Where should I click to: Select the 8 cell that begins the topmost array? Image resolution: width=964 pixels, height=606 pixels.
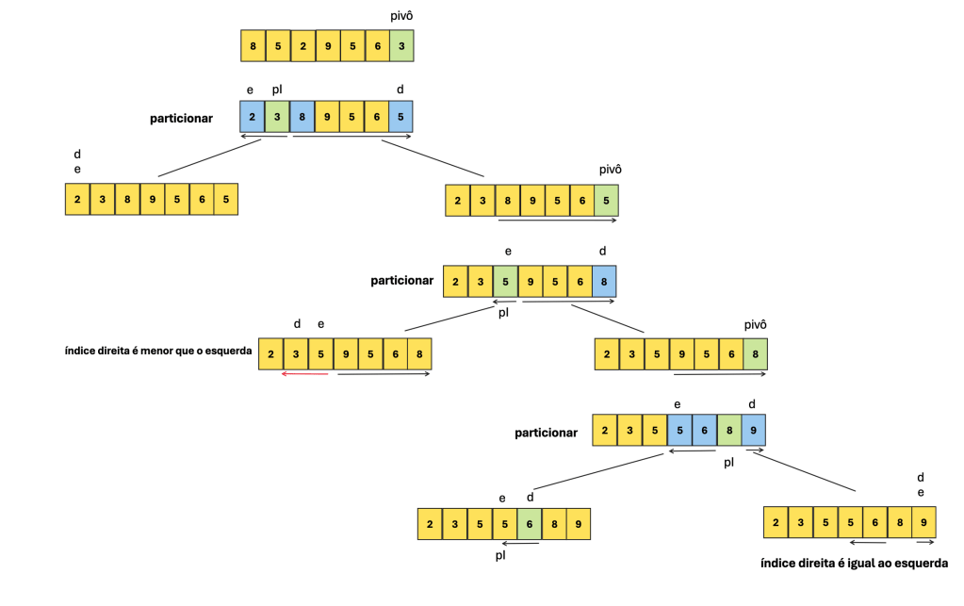253,45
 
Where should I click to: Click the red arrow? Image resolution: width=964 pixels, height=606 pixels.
304,374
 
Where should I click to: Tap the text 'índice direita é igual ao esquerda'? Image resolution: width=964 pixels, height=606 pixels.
853,564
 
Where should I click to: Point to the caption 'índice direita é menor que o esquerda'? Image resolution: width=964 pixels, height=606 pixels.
152,352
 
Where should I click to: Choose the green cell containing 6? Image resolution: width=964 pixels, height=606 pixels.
529,525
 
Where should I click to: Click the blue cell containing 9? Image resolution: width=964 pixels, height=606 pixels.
752,431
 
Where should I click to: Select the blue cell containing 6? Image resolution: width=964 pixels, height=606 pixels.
703,431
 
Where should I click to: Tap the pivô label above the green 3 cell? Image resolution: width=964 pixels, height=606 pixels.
400,16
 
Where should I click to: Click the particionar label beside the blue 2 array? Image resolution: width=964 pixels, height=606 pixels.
181,119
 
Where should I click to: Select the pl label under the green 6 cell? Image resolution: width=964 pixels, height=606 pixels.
500,556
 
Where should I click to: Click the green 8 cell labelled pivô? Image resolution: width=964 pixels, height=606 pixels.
754,353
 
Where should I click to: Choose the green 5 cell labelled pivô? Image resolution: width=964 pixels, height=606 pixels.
606,200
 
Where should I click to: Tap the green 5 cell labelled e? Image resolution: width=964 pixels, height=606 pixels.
505,281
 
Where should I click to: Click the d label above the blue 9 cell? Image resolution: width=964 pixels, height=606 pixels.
751,404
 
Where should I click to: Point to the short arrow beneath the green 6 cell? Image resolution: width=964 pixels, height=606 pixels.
519,543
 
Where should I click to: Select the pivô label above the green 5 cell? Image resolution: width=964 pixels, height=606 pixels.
612,171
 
